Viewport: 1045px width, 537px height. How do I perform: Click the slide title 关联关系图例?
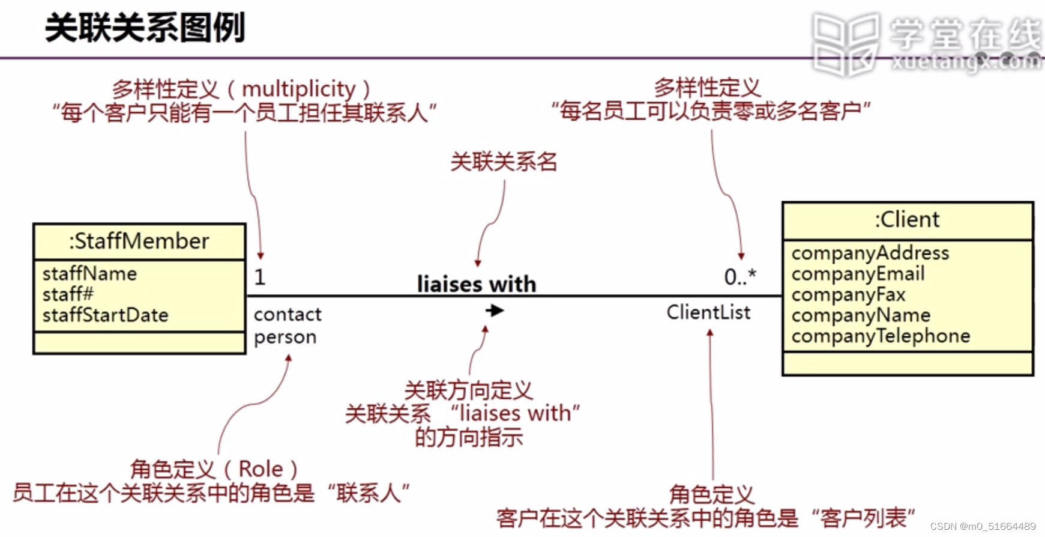pyautogui.click(x=145, y=28)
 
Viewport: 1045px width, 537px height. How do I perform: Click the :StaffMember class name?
pyautogui.click(x=139, y=241)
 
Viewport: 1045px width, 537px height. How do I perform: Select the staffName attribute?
pyautogui.click(x=89, y=274)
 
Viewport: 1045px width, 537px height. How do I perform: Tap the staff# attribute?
pyautogui.click(x=68, y=294)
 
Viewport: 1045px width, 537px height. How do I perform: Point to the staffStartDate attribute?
pyautogui.click(x=105, y=315)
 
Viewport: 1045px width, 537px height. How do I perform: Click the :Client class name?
pyautogui.click(x=907, y=219)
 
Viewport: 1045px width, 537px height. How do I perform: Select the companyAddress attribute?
pyautogui.click(x=870, y=253)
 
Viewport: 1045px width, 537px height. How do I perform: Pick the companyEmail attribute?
pyautogui.click(x=858, y=274)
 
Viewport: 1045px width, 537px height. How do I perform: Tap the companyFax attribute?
pyautogui.click(x=848, y=294)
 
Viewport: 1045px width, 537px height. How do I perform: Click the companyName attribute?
pyautogui.click(x=861, y=315)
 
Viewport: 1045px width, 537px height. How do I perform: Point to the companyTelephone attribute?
pyautogui.click(x=881, y=336)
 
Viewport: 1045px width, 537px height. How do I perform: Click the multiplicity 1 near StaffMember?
pyautogui.click(x=260, y=277)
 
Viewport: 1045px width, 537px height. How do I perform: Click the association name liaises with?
pyautogui.click(x=477, y=284)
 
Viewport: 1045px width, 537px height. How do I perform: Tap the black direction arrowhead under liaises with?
pyautogui.click(x=495, y=311)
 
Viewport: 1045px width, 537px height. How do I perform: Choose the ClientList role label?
pyautogui.click(x=708, y=312)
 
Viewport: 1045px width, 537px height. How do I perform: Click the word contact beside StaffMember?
pyautogui.click(x=288, y=314)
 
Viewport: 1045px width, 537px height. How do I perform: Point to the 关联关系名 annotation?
pyautogui.click(x=504, y=161)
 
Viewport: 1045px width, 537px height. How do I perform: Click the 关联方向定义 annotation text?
pyautogui.click(x=468, y=390)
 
